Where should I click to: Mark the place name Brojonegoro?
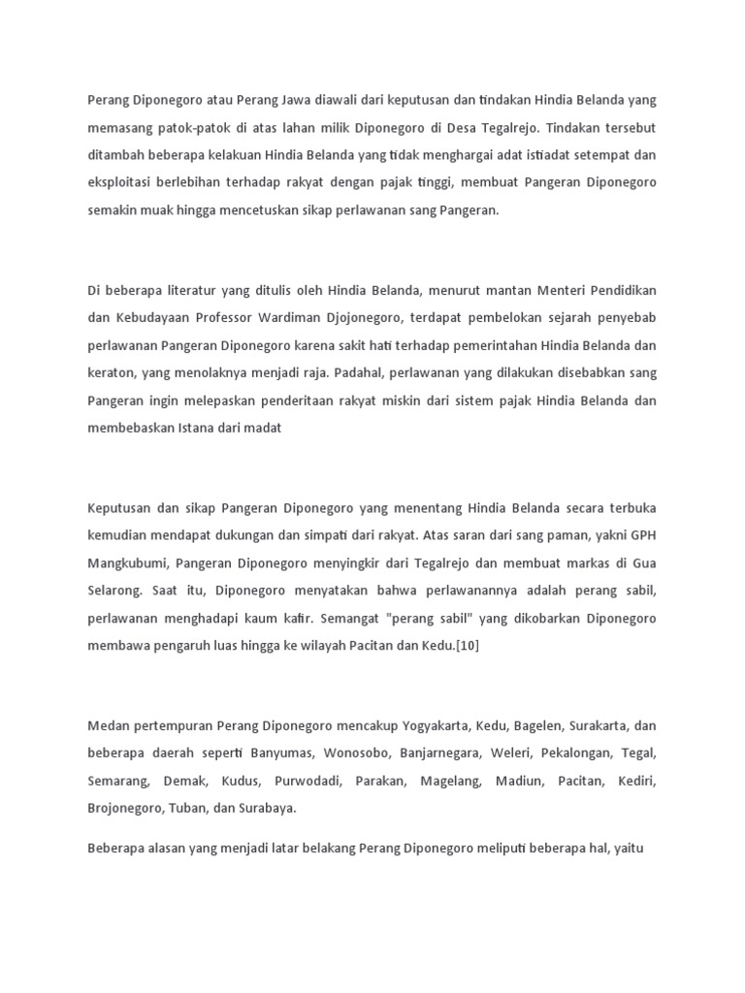[125, 808]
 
